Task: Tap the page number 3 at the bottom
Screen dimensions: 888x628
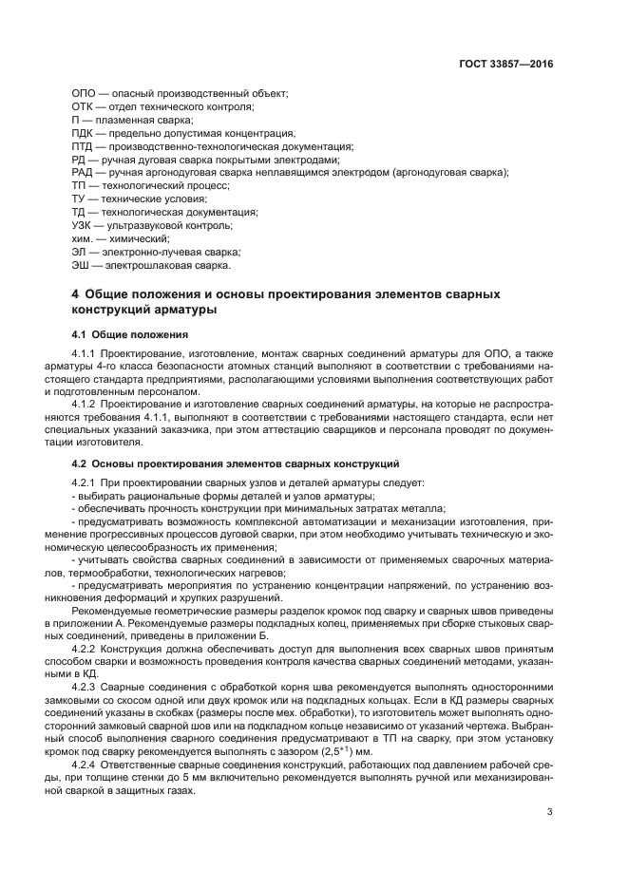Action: [x=550, y=811]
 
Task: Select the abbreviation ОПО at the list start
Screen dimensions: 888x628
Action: [x=85, y=94]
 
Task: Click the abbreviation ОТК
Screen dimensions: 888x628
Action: [x=84, y=107]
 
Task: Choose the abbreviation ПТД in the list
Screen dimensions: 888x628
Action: [x=84, y=147]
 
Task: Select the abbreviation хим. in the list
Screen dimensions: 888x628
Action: [x=83, y=240]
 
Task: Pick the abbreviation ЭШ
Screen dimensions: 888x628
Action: [x=81, y=267]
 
